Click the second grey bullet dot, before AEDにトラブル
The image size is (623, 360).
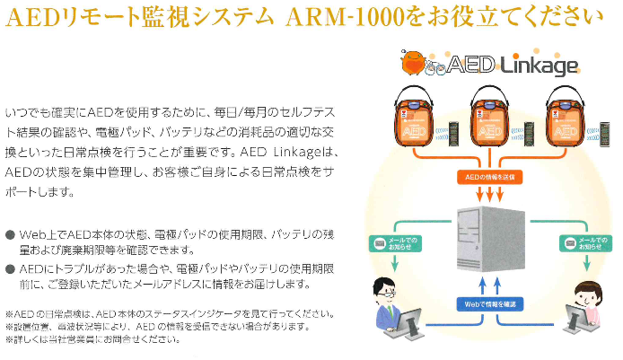pyautogui.click(x=9, y=268)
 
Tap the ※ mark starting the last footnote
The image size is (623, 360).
pyautogui.click(x=8, y=339)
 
